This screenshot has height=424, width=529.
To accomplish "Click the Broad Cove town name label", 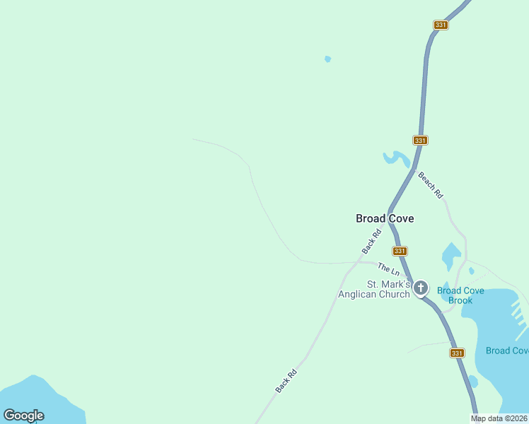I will (384, 219).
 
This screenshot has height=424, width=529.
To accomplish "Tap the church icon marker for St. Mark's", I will (421, 288).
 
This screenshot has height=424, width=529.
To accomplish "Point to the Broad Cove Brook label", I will (460, 295).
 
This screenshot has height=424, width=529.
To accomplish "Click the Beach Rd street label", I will (430, 184).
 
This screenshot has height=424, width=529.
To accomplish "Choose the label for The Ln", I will (388, 269).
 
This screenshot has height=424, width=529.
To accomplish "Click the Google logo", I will (23, 416).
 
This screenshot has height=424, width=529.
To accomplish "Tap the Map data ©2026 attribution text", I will (499, 418).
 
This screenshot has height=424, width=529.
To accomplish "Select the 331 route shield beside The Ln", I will (400, 251).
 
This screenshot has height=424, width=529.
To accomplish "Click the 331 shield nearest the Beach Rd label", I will (421, 141).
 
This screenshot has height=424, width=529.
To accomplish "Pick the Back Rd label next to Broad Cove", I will (371, 242).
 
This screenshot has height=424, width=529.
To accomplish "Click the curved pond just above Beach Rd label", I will (396, 158).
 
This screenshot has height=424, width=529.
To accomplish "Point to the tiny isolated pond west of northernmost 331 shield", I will (327, 59).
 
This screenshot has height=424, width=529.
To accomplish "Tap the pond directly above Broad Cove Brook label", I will (450, 256).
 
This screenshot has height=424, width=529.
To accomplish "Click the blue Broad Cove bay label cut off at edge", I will (507, 351).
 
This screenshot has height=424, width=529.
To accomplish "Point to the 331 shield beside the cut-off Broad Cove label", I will (458, 353).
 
